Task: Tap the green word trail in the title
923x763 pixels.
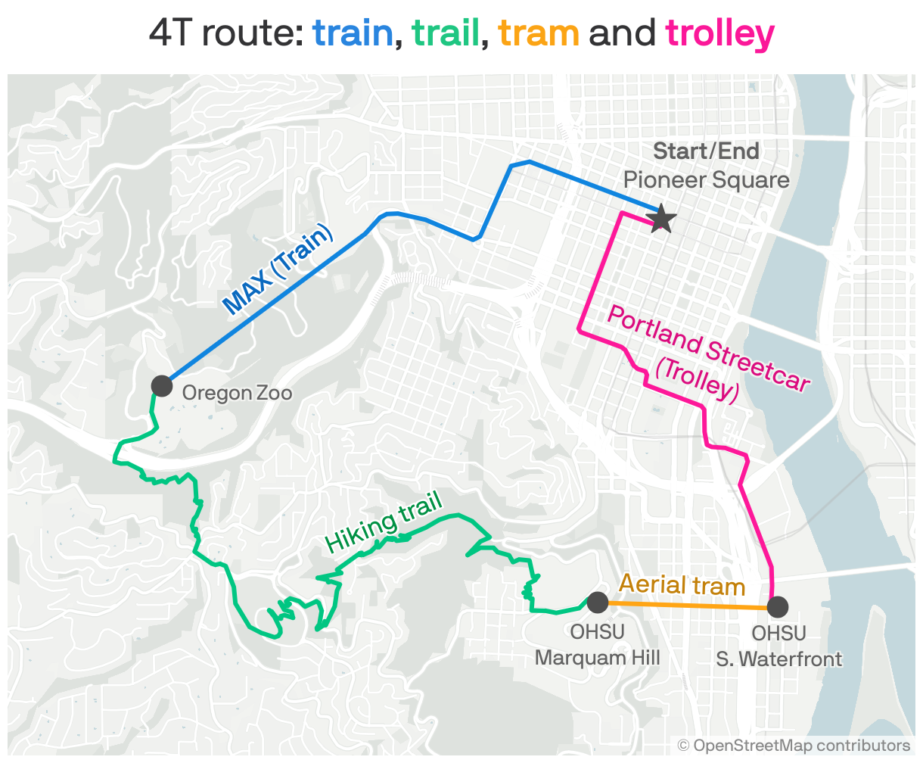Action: tap(446, 34)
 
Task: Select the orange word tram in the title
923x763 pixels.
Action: tap(539, 34)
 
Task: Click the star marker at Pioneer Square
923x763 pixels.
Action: tap(662, 219)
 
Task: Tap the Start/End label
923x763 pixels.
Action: tap(706, 151)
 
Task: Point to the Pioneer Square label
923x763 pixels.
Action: tap(706, 180)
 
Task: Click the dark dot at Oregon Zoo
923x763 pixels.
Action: tap(162, 385)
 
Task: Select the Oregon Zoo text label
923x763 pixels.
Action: tap(237, 393)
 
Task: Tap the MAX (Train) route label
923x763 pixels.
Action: tap(278, 269)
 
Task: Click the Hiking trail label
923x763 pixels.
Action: tap(383, 525)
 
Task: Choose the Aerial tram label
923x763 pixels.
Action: tap(682, 585)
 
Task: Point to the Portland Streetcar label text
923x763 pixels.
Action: tap(708, 349)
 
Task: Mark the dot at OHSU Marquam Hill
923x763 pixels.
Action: tap(597, 603)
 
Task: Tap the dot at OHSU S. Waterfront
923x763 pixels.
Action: tap(778, 607)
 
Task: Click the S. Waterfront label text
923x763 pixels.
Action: tap(778, 659)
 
